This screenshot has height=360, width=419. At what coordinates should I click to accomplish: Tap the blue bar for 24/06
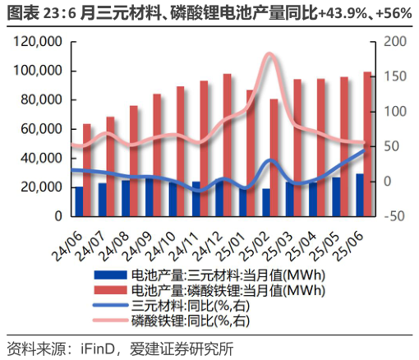click(79, 201)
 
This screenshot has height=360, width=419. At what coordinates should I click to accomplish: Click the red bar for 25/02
click(274, 156)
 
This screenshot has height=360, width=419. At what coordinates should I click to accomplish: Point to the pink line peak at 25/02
click(269, 55)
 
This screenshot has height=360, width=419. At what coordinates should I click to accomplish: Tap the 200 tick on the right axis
click(394, 42)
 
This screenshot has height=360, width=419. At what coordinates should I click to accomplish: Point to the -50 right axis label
click(394, 216)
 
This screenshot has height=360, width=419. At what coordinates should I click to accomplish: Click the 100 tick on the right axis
click(394, 112)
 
